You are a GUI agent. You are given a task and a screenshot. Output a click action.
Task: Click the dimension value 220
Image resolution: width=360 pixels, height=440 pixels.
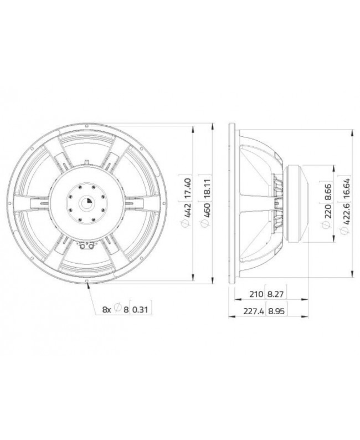coord(328,212)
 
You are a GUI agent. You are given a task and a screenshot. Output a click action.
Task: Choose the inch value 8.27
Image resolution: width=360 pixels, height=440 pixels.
coord(275,295)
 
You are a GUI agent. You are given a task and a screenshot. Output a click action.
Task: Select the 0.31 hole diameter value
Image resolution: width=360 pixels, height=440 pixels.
coord(141,310)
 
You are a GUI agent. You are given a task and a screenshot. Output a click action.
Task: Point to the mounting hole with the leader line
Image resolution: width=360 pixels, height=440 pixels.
coord(88,282)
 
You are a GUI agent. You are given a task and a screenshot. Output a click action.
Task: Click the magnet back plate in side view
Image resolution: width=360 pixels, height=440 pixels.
coord(304,203)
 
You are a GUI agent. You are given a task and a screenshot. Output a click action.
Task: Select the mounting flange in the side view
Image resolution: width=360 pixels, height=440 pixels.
coord(232,203)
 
